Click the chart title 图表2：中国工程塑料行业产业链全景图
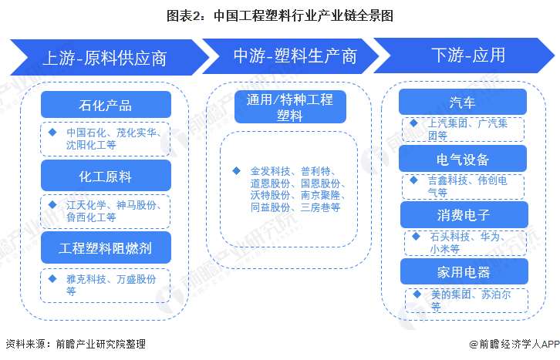[280, 15]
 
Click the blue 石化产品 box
[106, 105]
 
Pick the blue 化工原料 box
[106, 177]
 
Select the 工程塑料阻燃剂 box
[106, 248]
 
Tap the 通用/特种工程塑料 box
[290, 107]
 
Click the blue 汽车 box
[462, 102]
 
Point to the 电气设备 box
[462, 159]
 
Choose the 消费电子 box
[462, 215]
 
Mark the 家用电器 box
[462, 271]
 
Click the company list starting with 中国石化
[112, 138]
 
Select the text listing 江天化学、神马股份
[112, 210]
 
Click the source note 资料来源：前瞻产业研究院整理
[75, 345]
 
